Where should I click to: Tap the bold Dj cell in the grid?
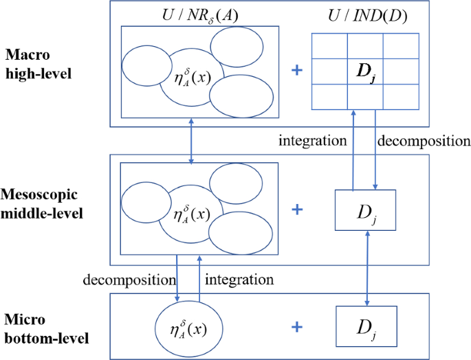(364, 70)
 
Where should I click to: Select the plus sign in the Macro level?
(297, 70)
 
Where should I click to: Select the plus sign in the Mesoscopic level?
(297, 209)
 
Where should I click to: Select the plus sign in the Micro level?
(297, 326)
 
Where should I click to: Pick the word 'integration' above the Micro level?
(241, 280)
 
